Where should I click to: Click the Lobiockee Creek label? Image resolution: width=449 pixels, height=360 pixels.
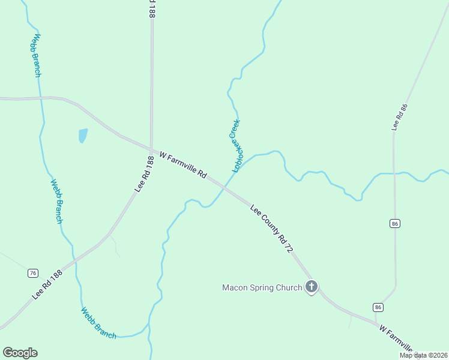pyautogui.click(x=236, y=146)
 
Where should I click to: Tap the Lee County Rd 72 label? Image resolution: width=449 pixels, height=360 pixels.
pyautogui.click(x=271, y=229)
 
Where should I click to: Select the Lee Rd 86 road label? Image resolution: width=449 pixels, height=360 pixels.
pyautogui.click(x=399, y=117)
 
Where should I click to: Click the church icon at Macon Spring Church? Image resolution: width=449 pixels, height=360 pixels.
pyautogui.click(x=311, y=287)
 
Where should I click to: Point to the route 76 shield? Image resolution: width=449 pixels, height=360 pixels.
pyautogui.click(x=33, y=273)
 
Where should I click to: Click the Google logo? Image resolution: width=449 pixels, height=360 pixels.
pyautogui.click(x=20, y=353)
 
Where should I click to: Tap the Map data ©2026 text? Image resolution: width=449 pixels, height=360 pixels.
pyautogui.click(x=423, y=355)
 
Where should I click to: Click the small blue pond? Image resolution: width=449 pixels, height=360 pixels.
pyautogui.click(x=82, y=136)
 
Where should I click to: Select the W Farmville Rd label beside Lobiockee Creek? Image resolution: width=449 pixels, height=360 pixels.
pyautogui.click(x=183, y=165)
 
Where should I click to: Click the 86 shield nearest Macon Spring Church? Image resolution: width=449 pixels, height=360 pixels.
pyautogui.click(x=378, y=307)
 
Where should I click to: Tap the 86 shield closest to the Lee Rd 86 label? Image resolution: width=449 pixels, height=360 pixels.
pyautogui.click(x=394, y=224)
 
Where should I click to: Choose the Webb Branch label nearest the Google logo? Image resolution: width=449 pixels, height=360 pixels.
pyautogui.click(x=98, y=323)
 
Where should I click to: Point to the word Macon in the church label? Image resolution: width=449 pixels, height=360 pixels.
pyautogui.click(x=235, y=287)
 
